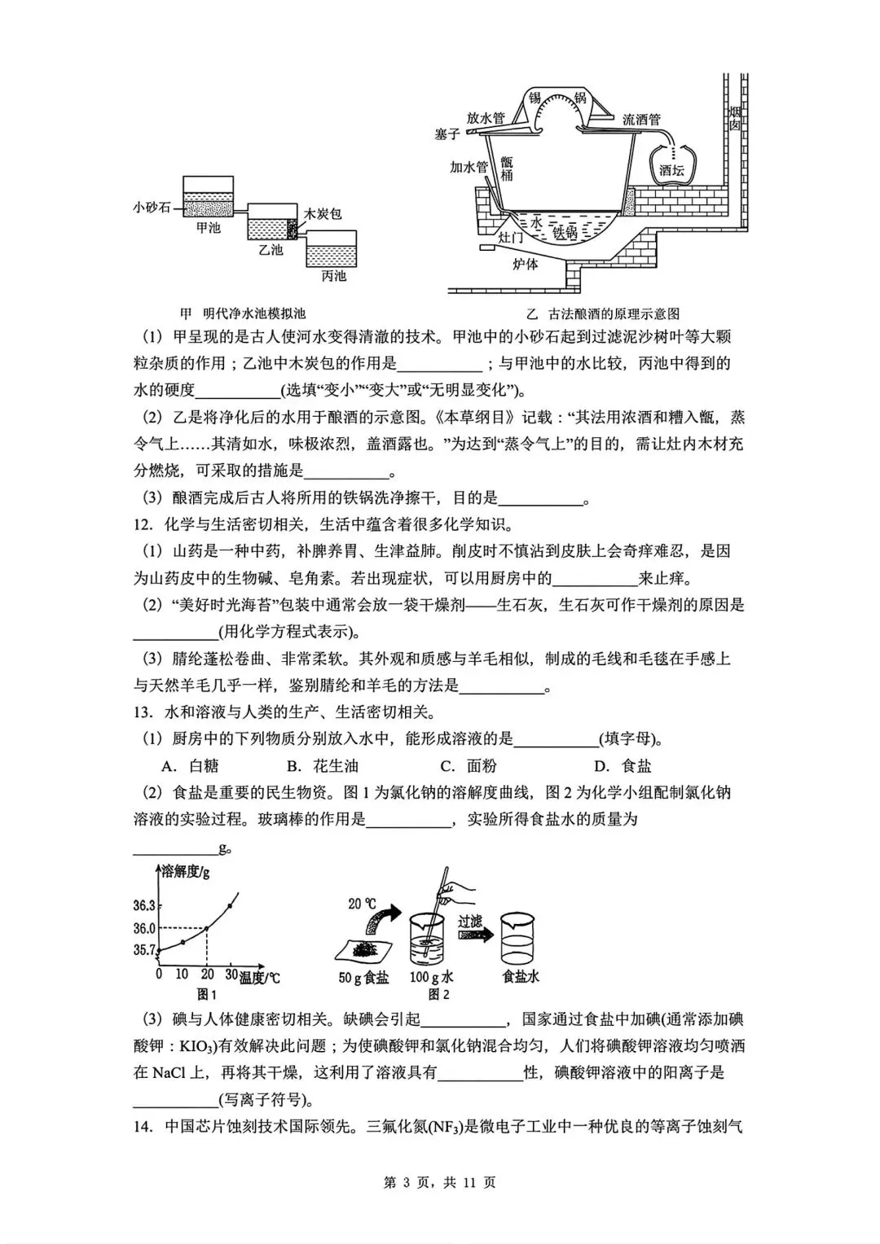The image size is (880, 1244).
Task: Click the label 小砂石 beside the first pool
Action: click(x=152, y=207)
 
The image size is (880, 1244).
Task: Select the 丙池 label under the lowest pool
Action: click(x=333, y=276)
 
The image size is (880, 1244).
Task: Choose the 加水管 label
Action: click(x=469, y=167)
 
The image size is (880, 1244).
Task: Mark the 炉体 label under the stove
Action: click(x=526, y=263)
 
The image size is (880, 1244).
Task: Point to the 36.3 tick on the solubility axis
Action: click(x=144, y=905)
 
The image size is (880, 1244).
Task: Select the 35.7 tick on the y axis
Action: click(x=144, y=949)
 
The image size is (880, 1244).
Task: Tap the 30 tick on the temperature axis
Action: click(x=231, y=975)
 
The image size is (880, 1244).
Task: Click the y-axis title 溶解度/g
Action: click(x=185, y=872)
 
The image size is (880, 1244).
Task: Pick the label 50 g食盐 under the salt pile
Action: click(x=363, y=977)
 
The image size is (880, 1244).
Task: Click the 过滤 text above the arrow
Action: click(x=469, y=921)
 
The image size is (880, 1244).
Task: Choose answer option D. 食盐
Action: click(x=623, y=765)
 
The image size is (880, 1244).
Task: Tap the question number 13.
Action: click(x=143, y=712)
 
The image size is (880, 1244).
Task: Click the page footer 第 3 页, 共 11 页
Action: click(x=439, y=1182)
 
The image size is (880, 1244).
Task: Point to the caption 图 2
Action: click(x=439, y=994)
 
